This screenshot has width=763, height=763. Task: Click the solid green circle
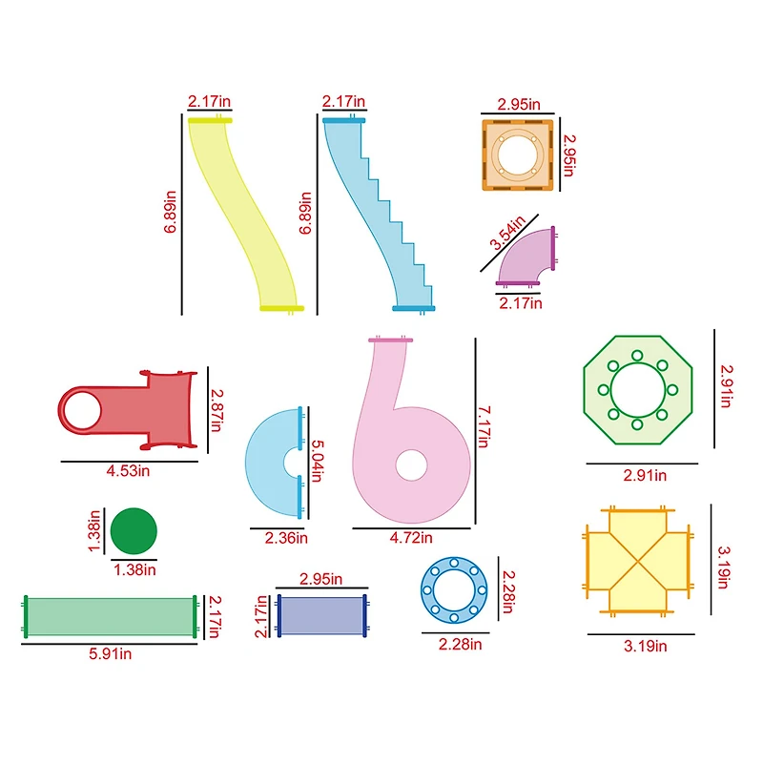click(x=134, y=531)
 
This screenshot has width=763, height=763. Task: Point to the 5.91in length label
click(x=110, y=654)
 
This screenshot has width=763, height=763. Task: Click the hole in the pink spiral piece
click(x=412, y=464)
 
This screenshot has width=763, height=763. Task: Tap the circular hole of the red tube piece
click(x=82, y=410)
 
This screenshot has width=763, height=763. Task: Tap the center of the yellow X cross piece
click(x=637, y=560)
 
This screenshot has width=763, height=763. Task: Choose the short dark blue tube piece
click(x=322, y=616)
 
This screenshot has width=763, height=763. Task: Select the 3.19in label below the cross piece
click(x=646, y=646)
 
